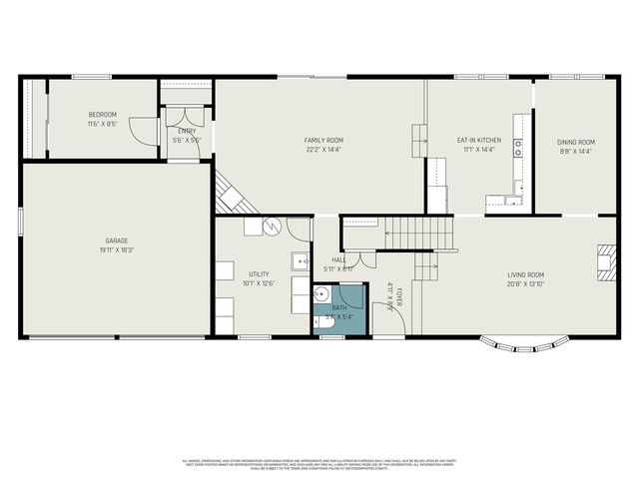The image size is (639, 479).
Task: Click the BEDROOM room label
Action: tap(102, 115)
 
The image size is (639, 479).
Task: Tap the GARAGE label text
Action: tap(117, 240)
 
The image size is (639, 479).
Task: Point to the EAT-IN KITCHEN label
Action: tap(478, 140)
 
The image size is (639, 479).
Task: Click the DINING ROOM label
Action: tap(575, 142)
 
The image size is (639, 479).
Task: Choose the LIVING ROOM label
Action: tap(525, 274)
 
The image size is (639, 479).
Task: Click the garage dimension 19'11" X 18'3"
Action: tap(117, 250)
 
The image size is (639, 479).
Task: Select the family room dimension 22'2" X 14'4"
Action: tap(323, 150)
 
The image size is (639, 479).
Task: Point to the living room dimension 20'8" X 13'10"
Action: tap(525, 284)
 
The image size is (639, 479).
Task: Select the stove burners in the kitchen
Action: tap(518, 149)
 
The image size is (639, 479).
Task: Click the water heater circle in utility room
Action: tap(269, 227)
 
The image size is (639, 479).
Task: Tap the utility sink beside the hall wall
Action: tap(300, 262)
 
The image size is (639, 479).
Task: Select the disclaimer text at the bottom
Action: tap(319, 464)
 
